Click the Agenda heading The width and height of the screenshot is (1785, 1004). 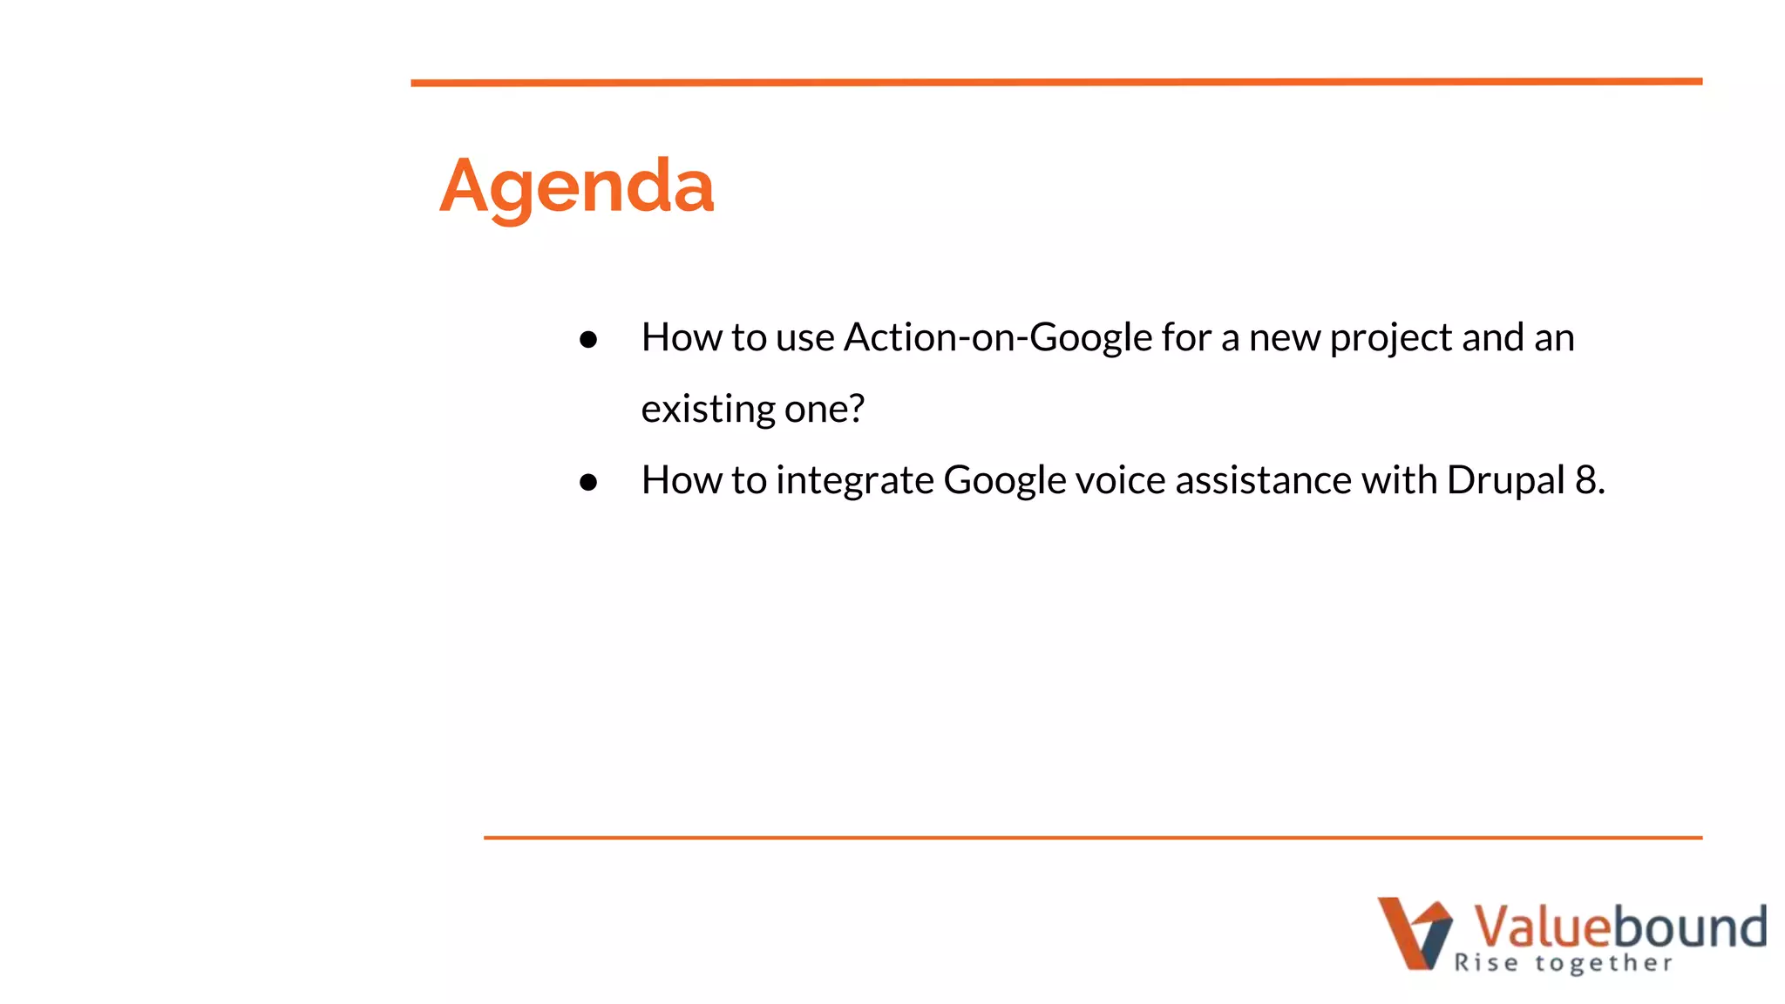pos(576,186)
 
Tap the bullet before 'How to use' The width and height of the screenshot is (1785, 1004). pos(588,340)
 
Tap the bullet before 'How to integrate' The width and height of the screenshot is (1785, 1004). pos(588,482)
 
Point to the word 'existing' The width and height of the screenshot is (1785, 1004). pos(708,409)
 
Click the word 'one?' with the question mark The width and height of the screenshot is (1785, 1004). pos(825,409)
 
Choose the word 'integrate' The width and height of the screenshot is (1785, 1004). pos(854,481)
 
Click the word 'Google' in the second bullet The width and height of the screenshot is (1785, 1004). pos(1004,481)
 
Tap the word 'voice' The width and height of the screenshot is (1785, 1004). pos(1120,480)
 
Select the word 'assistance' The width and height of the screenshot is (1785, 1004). pos(1263,480)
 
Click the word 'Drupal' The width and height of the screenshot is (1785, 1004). pos(1505,480)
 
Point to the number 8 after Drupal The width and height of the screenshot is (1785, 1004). pos(1585,480)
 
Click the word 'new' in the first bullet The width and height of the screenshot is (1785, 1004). pos(1284,338)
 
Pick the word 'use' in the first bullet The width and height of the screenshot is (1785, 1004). pos(804,338)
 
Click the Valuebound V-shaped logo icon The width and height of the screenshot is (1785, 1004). pos(1414,933)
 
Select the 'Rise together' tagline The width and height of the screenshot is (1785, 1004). pos(1563,963)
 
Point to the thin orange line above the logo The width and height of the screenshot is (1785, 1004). pos(1093,838)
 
